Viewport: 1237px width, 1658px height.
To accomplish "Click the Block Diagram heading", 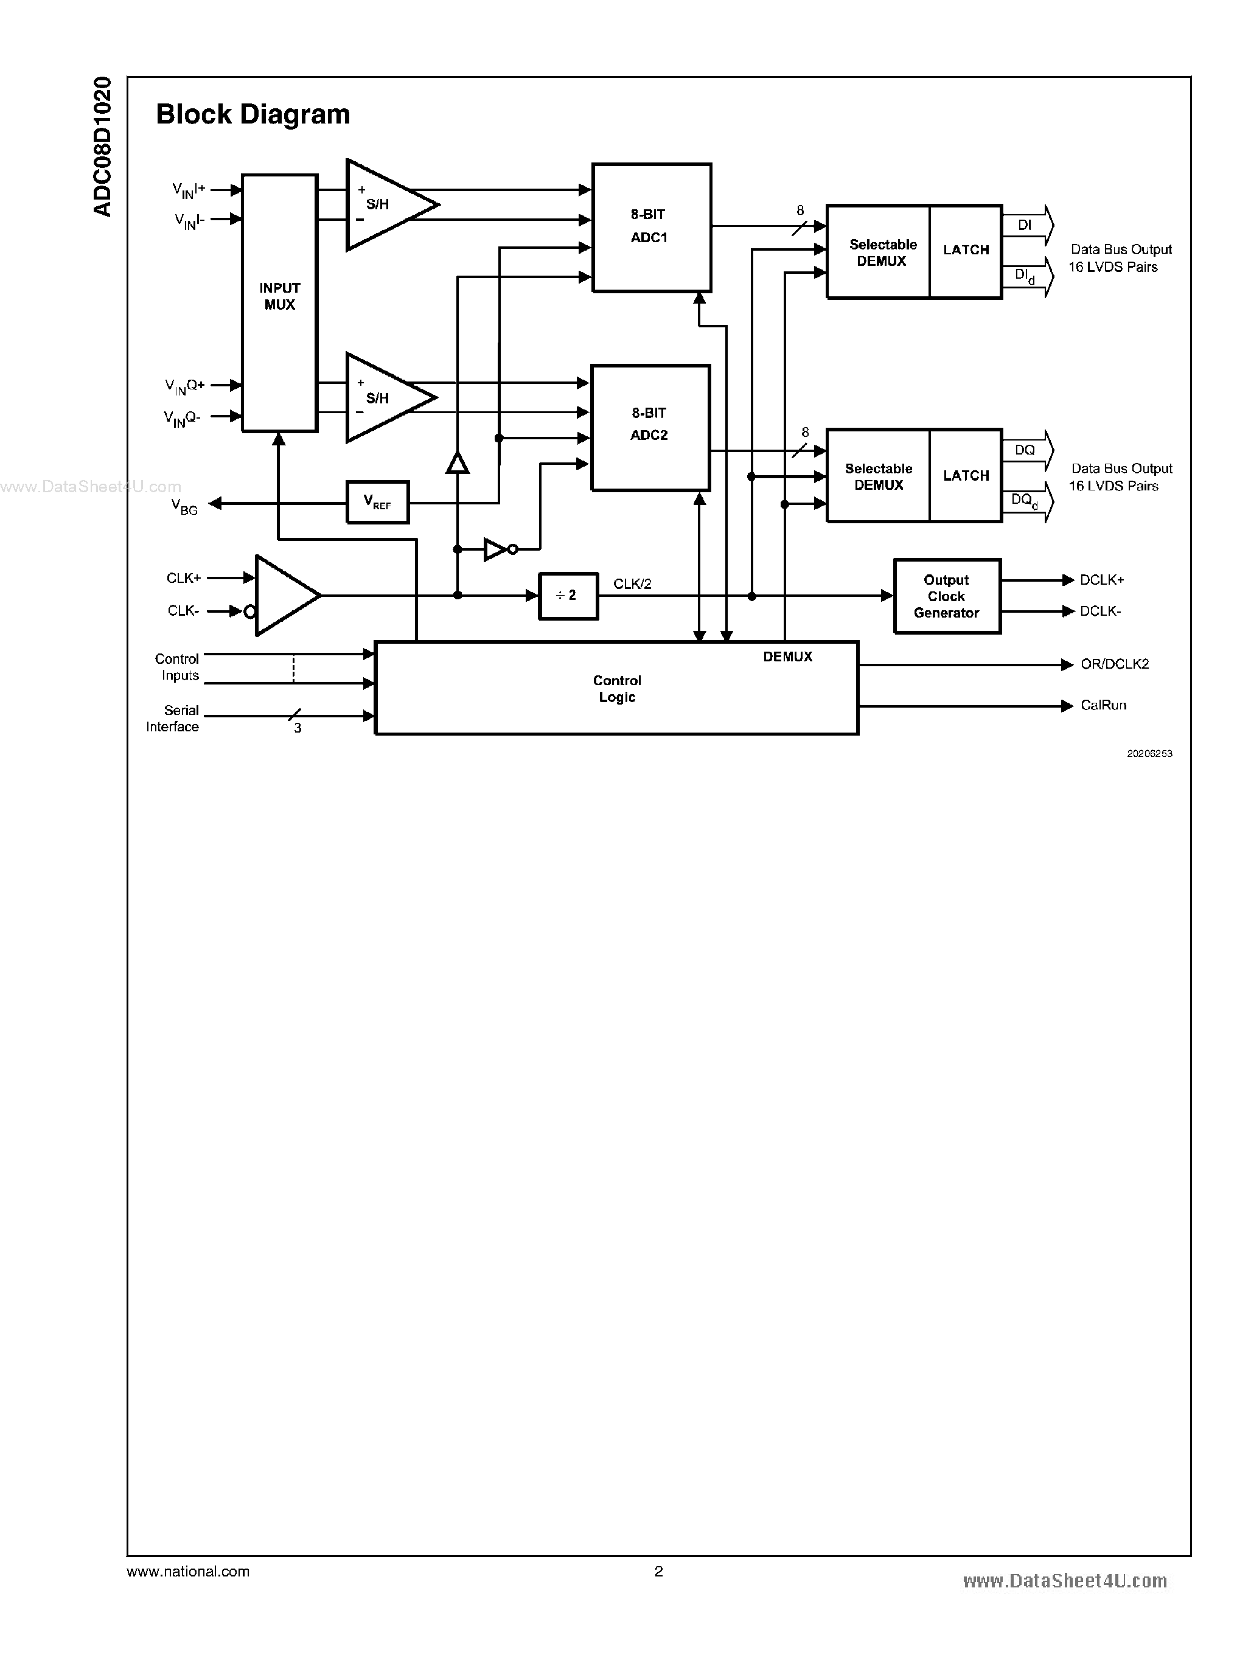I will (x=253, y=114).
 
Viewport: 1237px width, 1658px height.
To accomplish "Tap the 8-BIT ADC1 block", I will (x=650, y=227).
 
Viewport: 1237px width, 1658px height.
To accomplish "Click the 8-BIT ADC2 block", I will (x=650, y=427).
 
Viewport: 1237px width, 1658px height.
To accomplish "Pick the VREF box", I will (x=377, y=502).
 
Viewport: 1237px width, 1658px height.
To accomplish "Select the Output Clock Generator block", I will (x=947, y=596).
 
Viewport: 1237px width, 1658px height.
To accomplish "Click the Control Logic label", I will (x=616, y=688).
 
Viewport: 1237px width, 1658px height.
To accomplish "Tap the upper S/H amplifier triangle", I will (x=385, y=204).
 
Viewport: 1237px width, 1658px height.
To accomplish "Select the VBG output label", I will (x=185, y=507).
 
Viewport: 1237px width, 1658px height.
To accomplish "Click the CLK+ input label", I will (x=184, y=578).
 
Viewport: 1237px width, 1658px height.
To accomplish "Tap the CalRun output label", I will (x=1103, y=705).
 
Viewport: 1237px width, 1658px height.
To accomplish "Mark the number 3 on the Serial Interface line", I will (x=298, y=728).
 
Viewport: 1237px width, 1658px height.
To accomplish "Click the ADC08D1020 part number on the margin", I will (x=103, y=146).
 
